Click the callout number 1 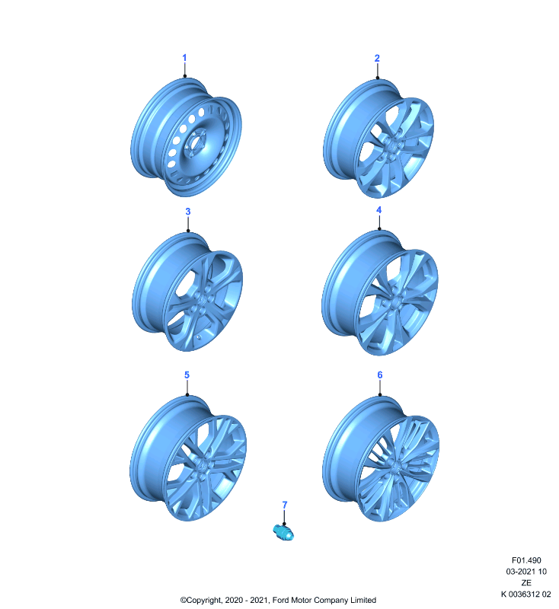click(184, 58)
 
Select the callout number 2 click(377, 59)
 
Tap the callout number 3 click(188, 212)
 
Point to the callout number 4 click(379, 210)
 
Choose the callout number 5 click(187, 375)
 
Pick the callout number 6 click(380, 375)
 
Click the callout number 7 click(285, 505)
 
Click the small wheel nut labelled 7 click(283, 531)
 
